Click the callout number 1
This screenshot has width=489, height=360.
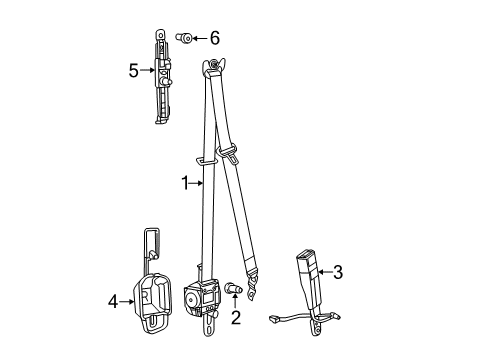pyautogui.click(x=185, y=182)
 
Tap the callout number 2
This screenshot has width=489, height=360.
pyautogui.click(x=236, y=319)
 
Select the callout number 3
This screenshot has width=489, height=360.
pyautogui.click(x=338, y=271)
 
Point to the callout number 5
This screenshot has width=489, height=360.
pyautogui.click(x=133, y=70)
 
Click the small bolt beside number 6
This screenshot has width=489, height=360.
pyautogui.click(x=183, y=38)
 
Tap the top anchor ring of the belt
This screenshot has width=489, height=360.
pyautogui.click(x=213, y=68)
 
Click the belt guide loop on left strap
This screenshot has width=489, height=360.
pyautogui.click(x=206, y=159)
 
